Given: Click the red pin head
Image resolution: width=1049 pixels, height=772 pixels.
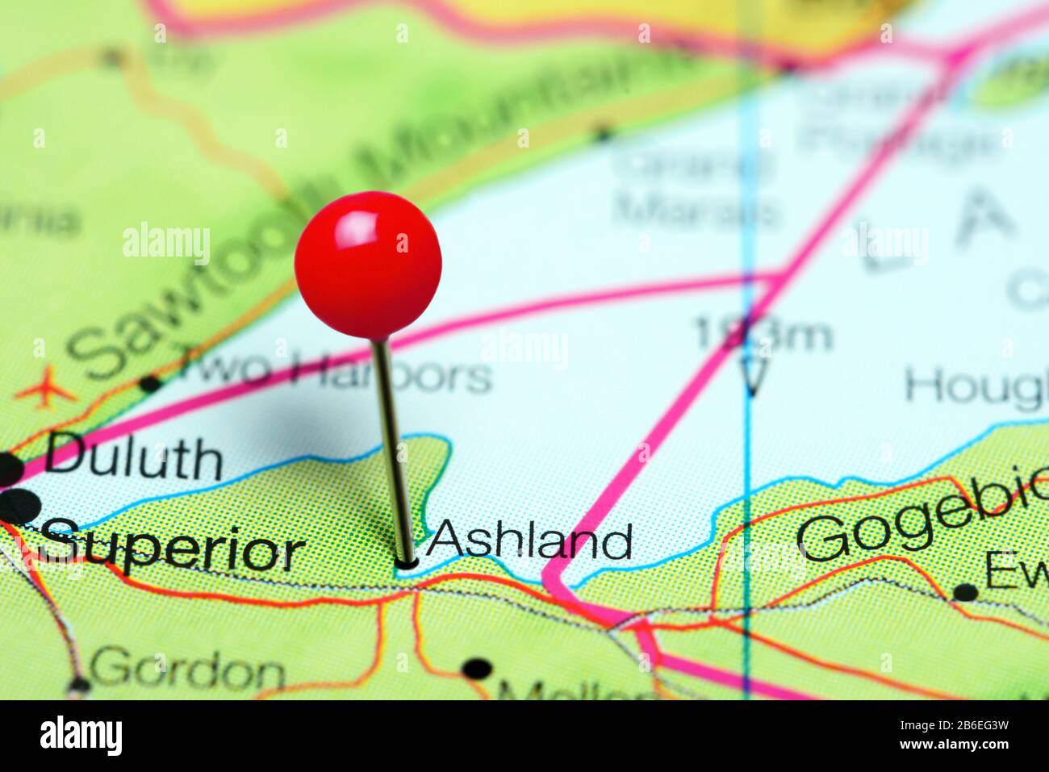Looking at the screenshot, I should (x=368, y=264).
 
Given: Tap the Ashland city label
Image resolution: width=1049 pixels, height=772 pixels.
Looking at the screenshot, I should (x=529, y=540).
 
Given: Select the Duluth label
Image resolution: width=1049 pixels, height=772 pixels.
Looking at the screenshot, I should (x=133, y=459).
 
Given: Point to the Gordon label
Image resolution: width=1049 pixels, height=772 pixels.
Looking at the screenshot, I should (x=187, y=670).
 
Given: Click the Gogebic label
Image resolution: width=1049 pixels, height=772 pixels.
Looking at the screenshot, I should (x=920, y=524).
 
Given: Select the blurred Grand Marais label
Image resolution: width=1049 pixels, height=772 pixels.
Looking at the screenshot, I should (x=696, y=190).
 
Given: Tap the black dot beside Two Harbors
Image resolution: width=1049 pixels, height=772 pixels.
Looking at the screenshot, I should (x=149, y=383).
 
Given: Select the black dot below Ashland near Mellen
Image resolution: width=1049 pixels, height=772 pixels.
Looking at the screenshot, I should (x=478, y=669).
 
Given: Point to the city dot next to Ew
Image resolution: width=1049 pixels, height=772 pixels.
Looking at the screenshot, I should (x=964, y=593).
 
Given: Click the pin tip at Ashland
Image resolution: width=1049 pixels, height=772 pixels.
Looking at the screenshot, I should (x=407, y=563).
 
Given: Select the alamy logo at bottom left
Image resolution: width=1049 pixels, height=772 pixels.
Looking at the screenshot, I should (x=81, y=735).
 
